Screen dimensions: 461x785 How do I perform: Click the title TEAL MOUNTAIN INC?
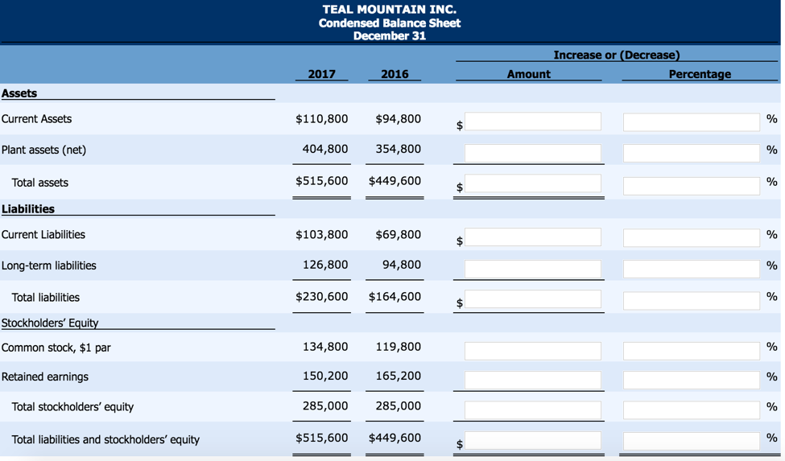(389, 10)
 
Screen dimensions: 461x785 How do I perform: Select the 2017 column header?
(321, 74)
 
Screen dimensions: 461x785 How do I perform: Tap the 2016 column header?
(395, 74)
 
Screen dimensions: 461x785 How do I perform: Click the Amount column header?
(528, 74)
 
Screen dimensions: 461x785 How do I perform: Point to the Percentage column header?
(700, 74)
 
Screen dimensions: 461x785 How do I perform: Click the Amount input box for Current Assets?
(532, 121)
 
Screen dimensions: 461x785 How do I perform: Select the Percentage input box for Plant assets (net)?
(691, 153)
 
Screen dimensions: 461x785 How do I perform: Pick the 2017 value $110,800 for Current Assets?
(322, 119)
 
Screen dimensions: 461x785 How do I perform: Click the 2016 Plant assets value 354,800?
(398, 150)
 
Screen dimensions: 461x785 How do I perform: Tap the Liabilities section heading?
(28, 209)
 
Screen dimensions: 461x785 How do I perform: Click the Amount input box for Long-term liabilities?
(532, 269)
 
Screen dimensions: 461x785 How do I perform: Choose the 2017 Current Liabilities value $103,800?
(322, 235)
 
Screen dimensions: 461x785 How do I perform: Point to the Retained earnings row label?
(45, 377)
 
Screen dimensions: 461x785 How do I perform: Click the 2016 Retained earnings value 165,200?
(398, 377)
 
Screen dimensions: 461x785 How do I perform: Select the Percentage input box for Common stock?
(691, 351)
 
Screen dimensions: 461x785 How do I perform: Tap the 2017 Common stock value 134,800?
(325, 347)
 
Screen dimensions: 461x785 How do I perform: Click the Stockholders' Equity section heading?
(50, 323)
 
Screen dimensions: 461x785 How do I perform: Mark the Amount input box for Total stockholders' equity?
(532, 410)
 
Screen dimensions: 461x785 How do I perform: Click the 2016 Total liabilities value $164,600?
(395, 297)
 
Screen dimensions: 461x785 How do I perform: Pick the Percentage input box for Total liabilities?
(691, 300)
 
